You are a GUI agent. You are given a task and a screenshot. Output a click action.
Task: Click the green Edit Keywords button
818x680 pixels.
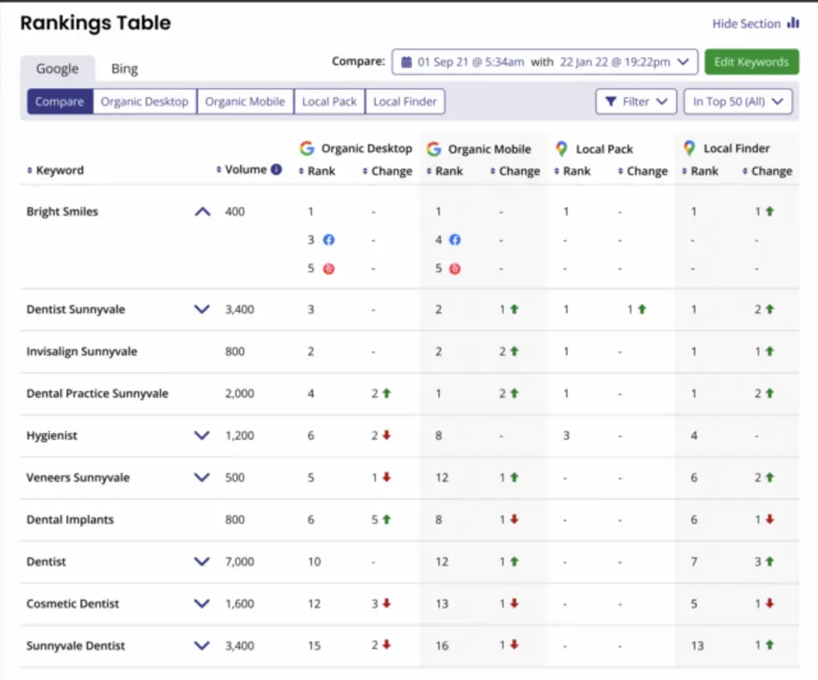(751, 62)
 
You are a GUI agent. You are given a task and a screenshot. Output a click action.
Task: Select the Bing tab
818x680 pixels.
(124, 68)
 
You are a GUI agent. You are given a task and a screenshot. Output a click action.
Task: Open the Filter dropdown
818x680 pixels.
(635, 102)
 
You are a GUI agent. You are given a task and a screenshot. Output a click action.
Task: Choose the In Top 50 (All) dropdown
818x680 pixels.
(737, 102)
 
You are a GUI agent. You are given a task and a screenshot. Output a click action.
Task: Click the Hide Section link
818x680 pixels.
(755, 24)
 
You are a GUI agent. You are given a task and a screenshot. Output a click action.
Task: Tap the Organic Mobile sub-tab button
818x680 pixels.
(245, 102)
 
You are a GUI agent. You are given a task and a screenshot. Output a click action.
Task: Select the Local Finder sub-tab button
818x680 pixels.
(404, 102)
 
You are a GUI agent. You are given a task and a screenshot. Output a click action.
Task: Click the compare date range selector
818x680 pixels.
(544, 62)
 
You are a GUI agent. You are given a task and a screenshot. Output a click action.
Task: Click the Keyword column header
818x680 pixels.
(59, 170)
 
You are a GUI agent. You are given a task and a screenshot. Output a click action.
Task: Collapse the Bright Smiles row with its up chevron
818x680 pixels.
(202, 212)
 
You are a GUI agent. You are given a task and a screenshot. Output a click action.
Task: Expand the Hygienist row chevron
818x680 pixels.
(202, 436)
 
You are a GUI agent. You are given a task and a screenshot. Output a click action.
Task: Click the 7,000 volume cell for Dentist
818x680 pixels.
(239, 562)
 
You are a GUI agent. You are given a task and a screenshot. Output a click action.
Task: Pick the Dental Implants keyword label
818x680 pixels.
(70, 520)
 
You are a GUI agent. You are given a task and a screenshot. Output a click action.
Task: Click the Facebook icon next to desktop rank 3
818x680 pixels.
(329, 240)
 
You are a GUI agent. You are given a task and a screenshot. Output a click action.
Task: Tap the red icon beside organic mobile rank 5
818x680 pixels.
(455, 269)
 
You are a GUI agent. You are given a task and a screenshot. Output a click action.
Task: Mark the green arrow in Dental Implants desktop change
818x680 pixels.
(387, 519)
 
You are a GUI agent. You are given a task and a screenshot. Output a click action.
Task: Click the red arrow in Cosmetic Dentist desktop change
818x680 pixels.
(387, 603)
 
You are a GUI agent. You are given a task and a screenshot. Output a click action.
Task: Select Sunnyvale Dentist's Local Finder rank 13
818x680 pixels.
(697, 646)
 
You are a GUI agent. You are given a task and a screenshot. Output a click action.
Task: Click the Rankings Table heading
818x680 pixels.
(95, 23)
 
